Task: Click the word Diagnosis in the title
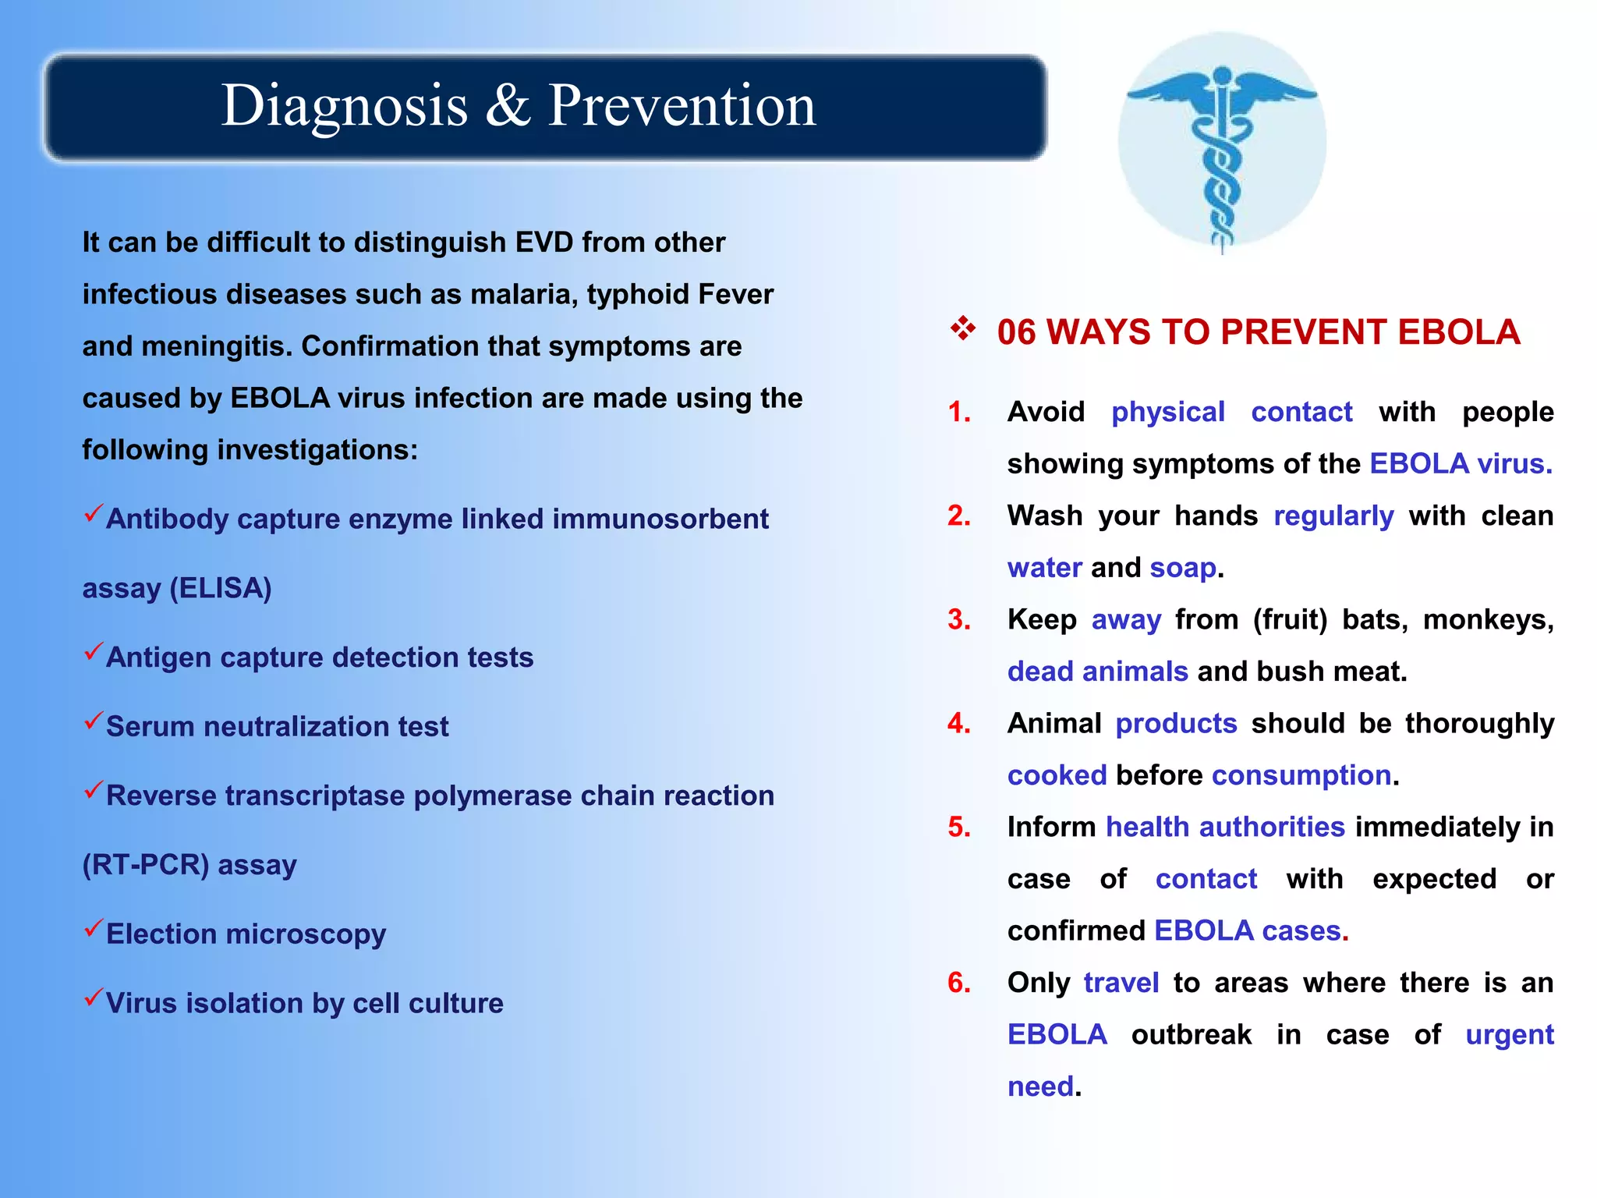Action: [x=344, y=105]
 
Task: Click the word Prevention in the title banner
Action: [x=682, y=105]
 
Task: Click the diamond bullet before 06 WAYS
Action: [x=963, y=329]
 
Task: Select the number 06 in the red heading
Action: [x=1016, y=333]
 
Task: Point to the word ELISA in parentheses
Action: [x=221, y=588]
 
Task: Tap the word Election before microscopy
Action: [x=161, y=934]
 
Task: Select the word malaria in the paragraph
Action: [x=523, y=294]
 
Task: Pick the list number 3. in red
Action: [x=958, y=620]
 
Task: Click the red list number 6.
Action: [x=958, y=983]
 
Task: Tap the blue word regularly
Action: [x=1333, y=516]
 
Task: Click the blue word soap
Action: [x=1182, y=568]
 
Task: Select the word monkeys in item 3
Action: [x=1488, y=620]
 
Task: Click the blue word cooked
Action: [x=1057, y=775]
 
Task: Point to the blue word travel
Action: [x=1121, y=983]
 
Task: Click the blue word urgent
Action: [x=1509, y=1035]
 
